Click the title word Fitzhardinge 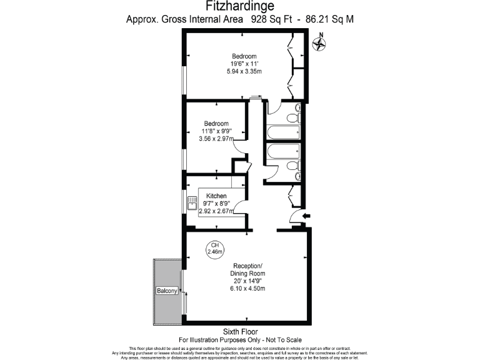tap(240, 6)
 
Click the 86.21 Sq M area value tap(329, 19)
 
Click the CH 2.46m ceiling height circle tap(215, 248)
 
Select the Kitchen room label tap(216, 196)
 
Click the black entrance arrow tap(305, 216)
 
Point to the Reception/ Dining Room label tap(249, 269)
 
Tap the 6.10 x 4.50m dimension tap(249, 288)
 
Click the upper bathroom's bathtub tap(283, 132)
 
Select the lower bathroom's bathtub tap(283, 152)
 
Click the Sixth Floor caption tap(240, 331)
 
